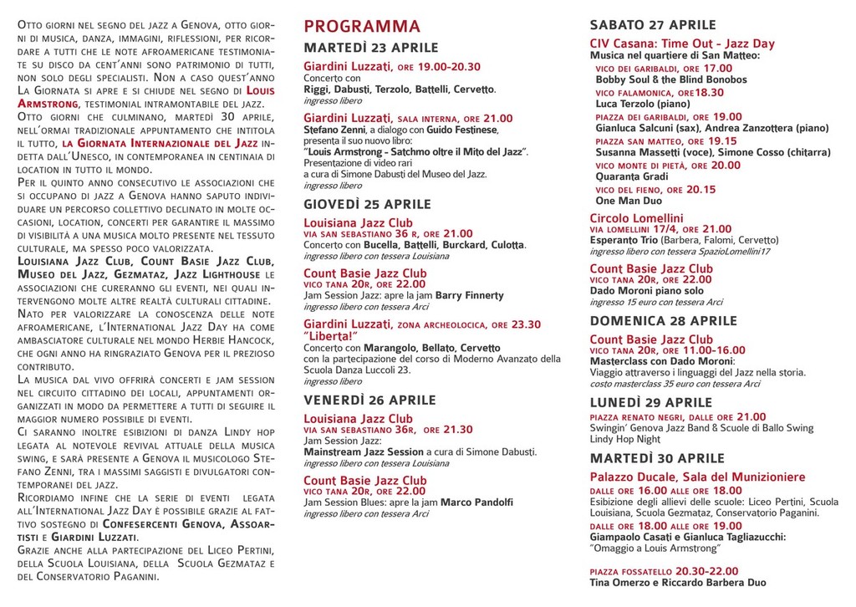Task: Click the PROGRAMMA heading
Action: click(x=362, y=27)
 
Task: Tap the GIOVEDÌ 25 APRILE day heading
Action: click(x=367, y=204)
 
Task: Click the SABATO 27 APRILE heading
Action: click(x=653, y=24)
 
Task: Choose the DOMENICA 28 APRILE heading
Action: click(x=663, y=320)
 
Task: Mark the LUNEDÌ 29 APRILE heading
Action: click(x=651, y=402)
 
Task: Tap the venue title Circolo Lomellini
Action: click(x=636, y=218)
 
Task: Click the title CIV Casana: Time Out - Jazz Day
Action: click(x=682, y=43)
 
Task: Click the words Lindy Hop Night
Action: click(x=624, y=439)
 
